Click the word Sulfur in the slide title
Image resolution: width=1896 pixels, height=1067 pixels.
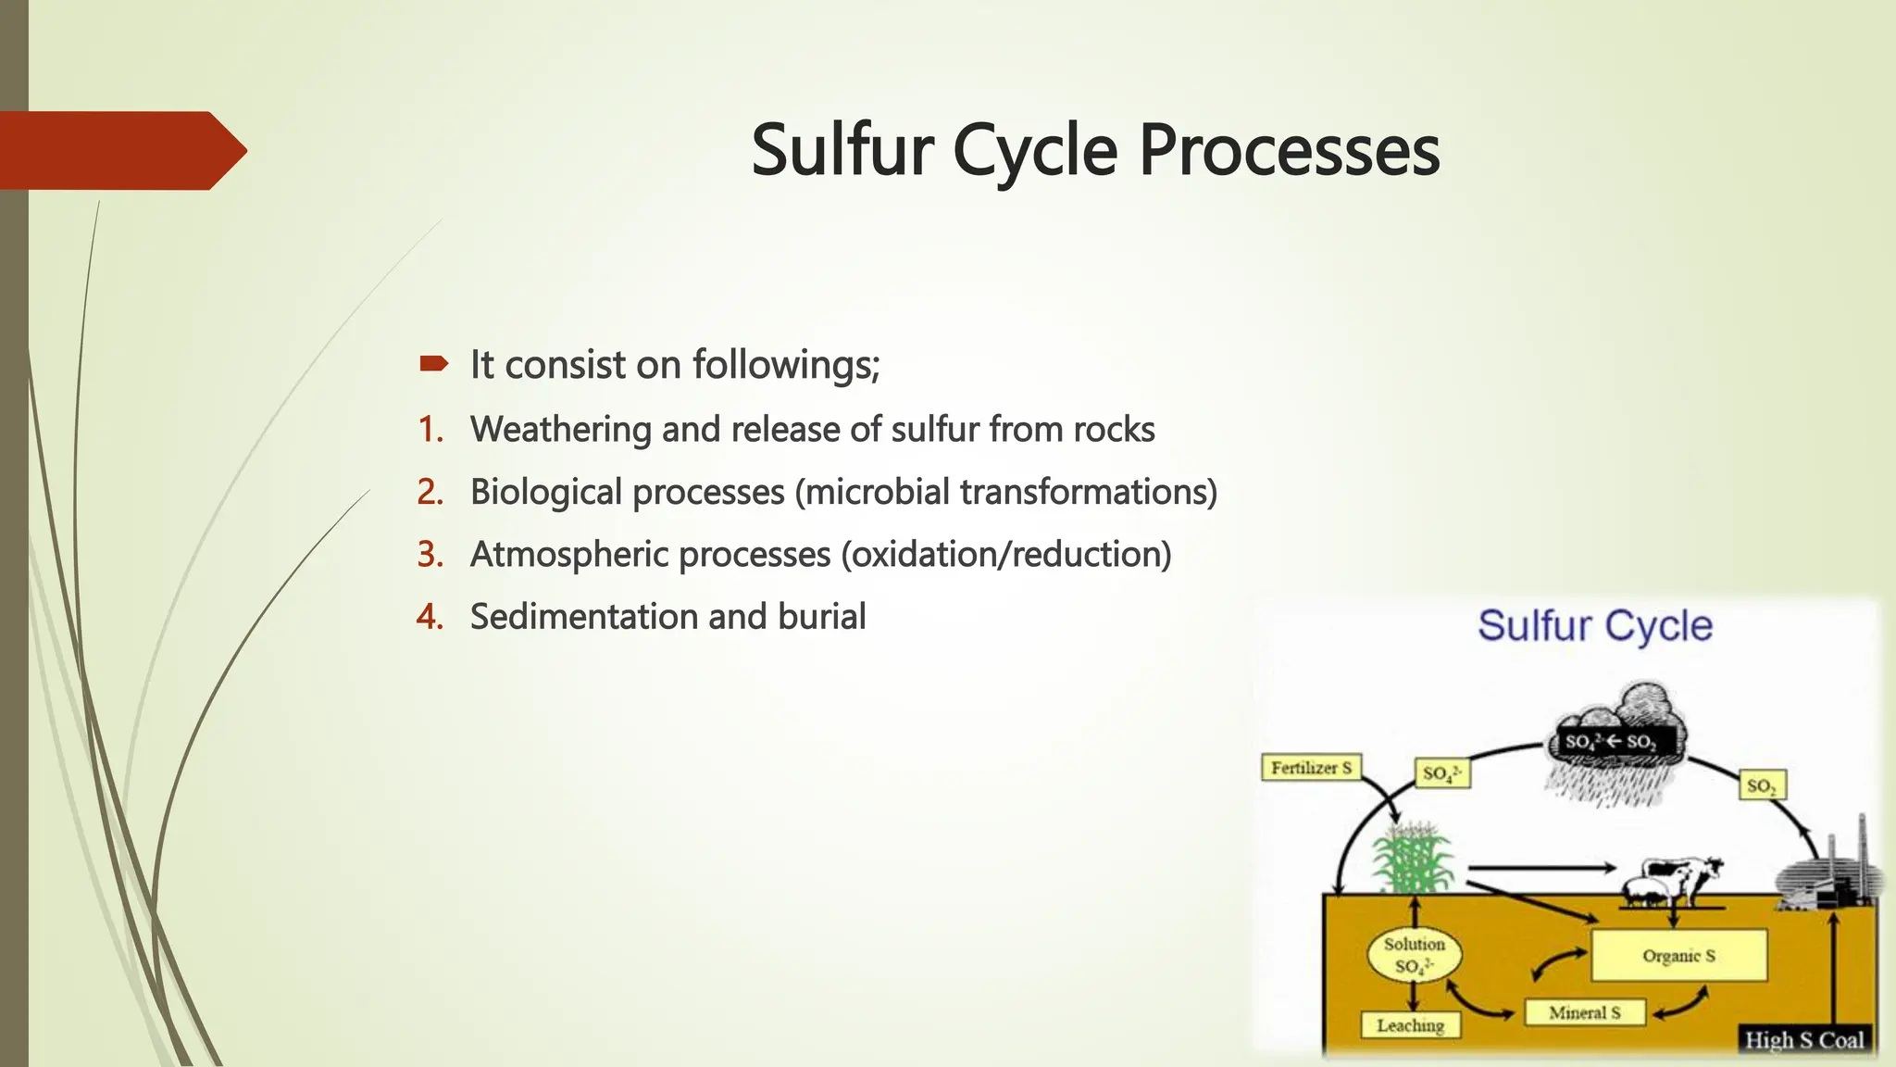[x=842, y=150]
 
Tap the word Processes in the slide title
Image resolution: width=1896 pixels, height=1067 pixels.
[x=1289, y=150]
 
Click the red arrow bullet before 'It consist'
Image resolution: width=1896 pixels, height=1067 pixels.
[x=433, y=364]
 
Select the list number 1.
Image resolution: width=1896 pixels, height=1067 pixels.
[x=430, y=430]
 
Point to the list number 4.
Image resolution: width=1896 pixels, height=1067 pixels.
[x=430, y=617]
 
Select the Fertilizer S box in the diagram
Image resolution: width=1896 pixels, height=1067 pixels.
[x=1311, y=768]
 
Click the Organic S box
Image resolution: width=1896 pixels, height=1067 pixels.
[x=1678, y=956]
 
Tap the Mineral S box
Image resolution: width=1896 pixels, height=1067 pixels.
[x=1585, y=1012]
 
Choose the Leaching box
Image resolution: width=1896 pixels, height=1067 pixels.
[x=1410, y=1025]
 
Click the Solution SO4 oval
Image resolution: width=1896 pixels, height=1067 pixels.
[x=1414, y=955]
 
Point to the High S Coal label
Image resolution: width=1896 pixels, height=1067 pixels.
[x=1803, y=1040]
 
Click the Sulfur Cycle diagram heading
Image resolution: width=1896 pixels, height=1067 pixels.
[x=1594, y=626]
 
